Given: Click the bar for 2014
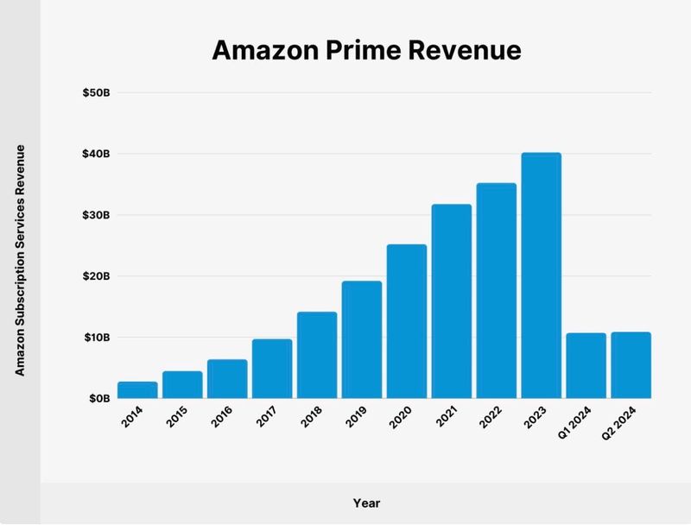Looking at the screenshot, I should pos(137,390).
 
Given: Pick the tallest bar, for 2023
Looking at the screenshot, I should pos(541,275).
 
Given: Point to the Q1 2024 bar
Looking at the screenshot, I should pos(586,366).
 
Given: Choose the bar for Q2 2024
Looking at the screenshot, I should pos(631,365).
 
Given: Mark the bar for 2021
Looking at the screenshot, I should pos(452,301).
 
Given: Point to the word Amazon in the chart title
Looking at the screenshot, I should pos(252,51).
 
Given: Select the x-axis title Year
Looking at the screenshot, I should pos(366,503).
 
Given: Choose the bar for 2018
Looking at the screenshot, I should pos(317,355).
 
